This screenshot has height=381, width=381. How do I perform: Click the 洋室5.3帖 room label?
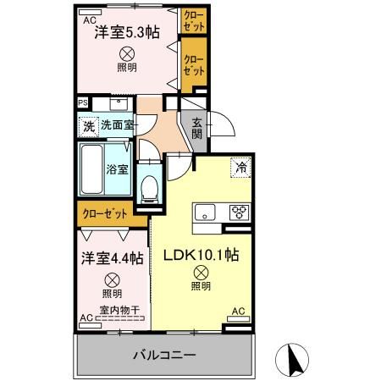pos(126,35)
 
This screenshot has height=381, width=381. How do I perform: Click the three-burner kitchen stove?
pos(238,212)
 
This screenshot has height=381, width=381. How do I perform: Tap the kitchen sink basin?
pos(206,212)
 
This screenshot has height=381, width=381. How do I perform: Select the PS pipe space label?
pos(83,103)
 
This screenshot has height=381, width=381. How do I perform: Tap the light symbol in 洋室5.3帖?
pos(127,53)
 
